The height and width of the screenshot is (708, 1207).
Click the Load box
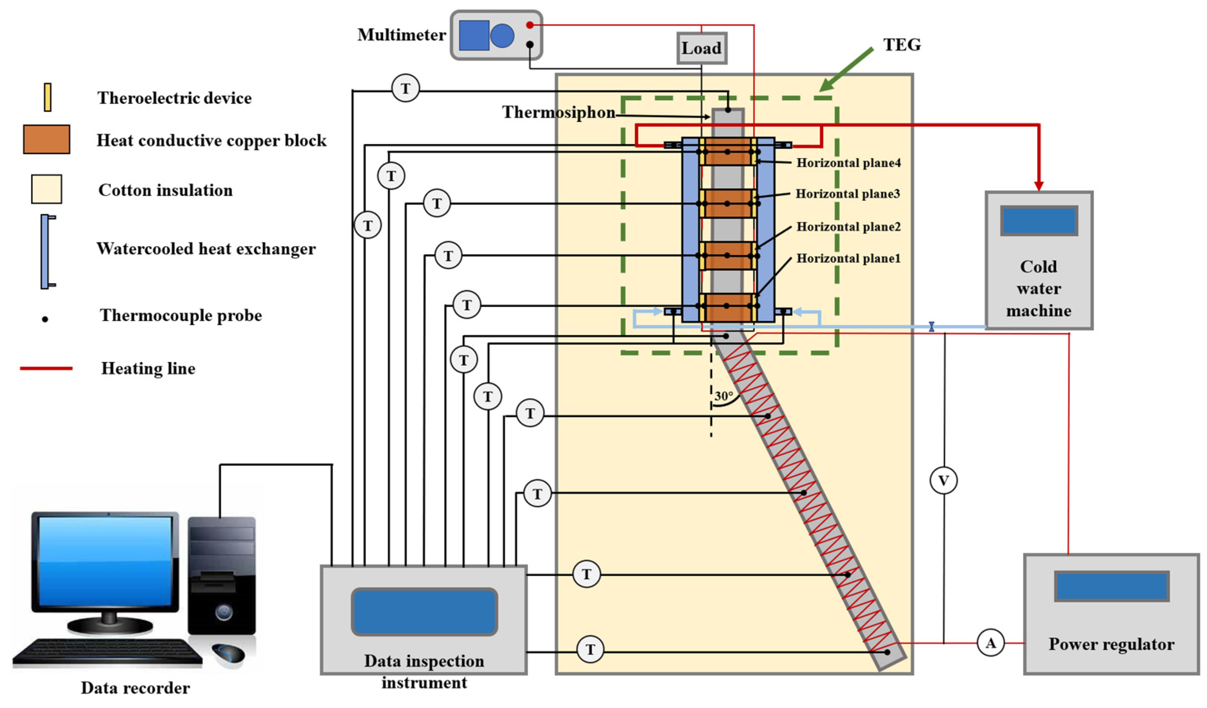[x=701, y=48]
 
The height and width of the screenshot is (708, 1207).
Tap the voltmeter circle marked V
[x=943, y=480]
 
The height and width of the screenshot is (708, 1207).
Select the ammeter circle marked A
[x=990, y=643]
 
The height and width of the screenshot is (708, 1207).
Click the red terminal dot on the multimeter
[x=530, y=25]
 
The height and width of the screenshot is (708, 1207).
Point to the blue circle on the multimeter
[x=502, y=36]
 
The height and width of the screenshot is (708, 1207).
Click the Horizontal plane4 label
[x=848, y=163]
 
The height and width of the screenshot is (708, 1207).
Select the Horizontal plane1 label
[x=848, y=258]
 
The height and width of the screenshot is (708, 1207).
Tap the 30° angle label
[x=723, y=396]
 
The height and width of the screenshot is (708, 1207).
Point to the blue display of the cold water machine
[x=1039, y=221]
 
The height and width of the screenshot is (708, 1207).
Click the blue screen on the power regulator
[x=1111, y=586]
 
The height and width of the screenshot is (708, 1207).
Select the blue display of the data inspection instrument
[x=424, y=611]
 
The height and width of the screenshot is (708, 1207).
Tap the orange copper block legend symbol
[x=46, y=139]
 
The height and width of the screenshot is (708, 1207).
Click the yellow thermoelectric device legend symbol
[x=47, y=97]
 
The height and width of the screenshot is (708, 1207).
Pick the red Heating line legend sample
[x=46, y=368]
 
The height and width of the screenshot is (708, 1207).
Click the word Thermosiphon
[x=558, y=112]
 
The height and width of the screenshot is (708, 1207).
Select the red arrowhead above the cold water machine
[x=1039, y=186]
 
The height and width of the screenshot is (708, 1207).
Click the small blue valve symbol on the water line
[x=931, y=326]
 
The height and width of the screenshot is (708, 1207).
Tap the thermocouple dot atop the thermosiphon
[x=728, y=110]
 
